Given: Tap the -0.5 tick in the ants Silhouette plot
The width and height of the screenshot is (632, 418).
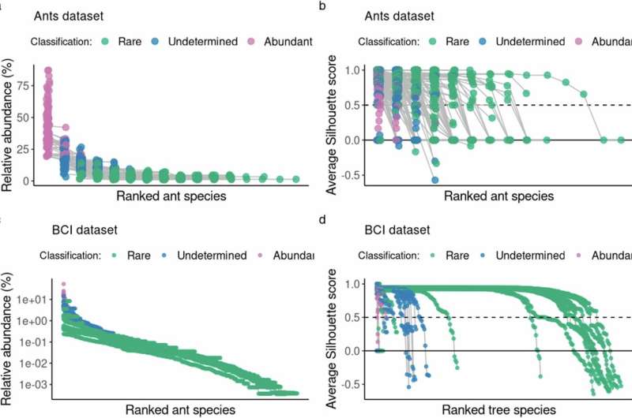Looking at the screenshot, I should (349, 174).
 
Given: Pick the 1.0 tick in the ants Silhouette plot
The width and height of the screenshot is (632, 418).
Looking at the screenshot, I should (352, 70).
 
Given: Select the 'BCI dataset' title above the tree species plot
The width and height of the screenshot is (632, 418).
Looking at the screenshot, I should (389, 230).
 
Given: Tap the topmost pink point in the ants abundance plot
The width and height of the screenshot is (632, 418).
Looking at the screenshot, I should (48, 71).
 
